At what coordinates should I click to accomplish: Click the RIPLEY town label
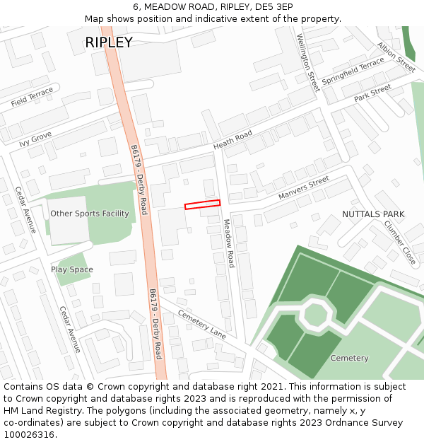(109, 42)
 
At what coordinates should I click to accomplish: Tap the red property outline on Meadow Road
(202, 205)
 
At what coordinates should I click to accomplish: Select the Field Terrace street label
(32, 98)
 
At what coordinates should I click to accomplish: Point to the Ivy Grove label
(35, 138)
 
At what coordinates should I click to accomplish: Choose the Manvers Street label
(304, 187)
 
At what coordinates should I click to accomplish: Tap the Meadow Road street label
(229, 243)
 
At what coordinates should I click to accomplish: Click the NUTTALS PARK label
(373, 214)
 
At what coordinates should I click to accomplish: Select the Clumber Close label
(400, 242)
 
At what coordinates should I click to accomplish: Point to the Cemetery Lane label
(202, 324)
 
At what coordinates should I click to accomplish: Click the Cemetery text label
(349, 358)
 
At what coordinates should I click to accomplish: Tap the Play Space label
(71, 269)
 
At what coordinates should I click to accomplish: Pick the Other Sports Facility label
(90, 214)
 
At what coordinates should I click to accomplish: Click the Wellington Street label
(308, 62)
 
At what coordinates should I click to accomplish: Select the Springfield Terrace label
(353, 72)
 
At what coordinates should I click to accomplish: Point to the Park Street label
(372, 93)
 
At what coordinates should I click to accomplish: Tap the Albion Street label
(396, 57)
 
